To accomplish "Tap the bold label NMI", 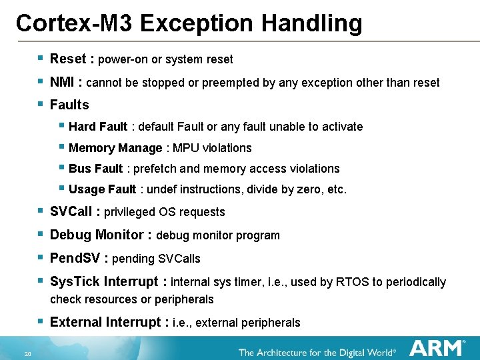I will pyautogui.click(x=63, y=83).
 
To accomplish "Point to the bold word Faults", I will pyautogui.click(x=69, y=105).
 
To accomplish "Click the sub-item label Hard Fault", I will pyautogui.click(x=98, y=127).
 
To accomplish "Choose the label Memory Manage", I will pyautogui.click(x=115, y=148).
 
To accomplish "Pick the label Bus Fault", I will pyautogui.click(x=95, y=169).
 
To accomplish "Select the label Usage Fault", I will pyautogui.click(x=102, y=189).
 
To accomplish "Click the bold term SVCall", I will pyautogui.click(x=71, y=212).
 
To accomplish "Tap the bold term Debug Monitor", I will pyautogui.click(x=97, y=235).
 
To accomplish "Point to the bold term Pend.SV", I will pyautogui.click(x=75, y=258).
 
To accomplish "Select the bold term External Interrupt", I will pyautogui.click(x=105, y=323).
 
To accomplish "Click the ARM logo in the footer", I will pyautogui.click(x=437, y=348).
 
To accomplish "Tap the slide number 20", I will pyautogui.click(x=27, y=353).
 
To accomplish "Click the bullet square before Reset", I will pyautogui.click(x=41, y=59).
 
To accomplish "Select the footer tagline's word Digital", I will pyautogui.click(x=355, y=351).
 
